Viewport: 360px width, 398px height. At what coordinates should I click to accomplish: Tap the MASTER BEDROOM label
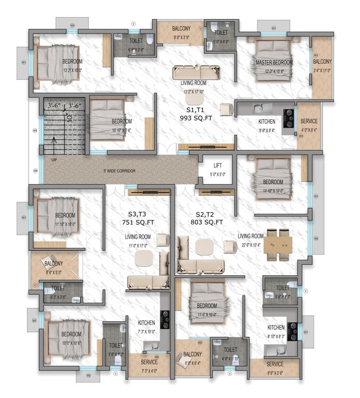274,62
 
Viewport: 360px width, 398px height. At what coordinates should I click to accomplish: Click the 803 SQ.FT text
206,222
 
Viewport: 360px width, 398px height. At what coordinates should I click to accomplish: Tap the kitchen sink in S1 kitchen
261,108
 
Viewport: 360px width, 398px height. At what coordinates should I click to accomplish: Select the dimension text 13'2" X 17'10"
194,92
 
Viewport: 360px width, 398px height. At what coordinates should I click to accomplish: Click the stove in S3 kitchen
165,319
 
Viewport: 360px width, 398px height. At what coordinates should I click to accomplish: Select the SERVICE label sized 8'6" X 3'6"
275,364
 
